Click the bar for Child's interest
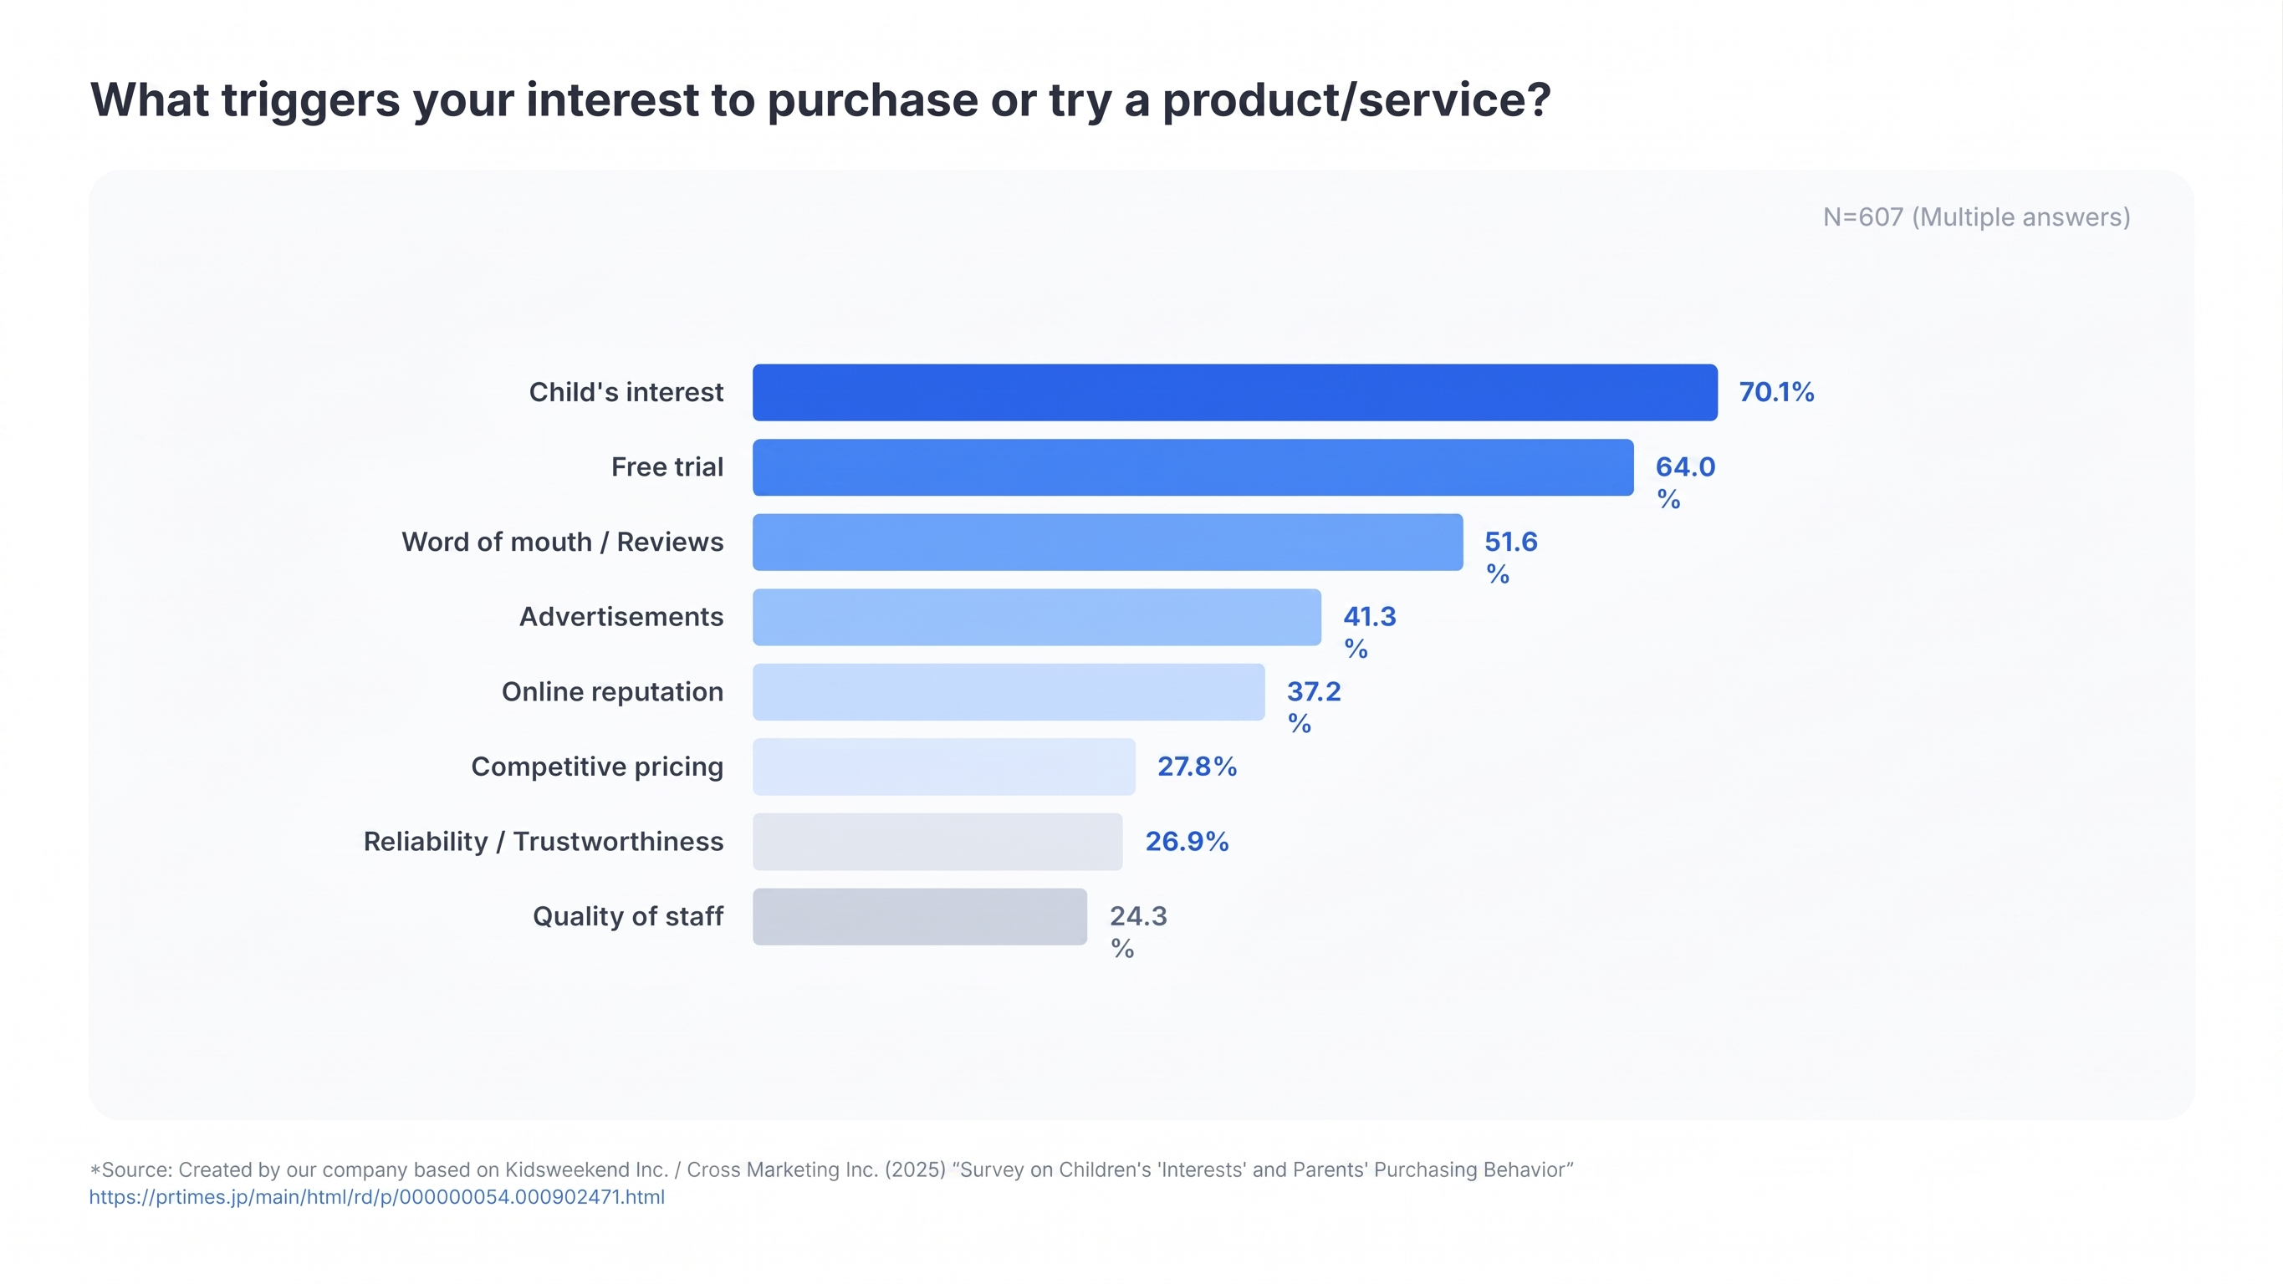click(1234, 392)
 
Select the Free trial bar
click(1193, 467)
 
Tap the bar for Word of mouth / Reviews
click(1108, 542)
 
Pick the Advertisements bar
click(1037, 617)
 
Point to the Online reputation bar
click(1009, 691)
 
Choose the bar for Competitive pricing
click(944, 767)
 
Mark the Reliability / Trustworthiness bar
click(937, 841)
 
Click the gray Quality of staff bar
click(920, 916)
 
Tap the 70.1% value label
click(1776, 392)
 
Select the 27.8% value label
click(1197, 767)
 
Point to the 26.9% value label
click(1187, 841)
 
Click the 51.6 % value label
click(1511, 557)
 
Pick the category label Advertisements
click(621, 617)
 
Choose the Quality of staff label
click(627, 916)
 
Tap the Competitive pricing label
click(596, 767)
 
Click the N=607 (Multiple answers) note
click(1976, 217)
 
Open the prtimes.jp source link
click(376, 1197)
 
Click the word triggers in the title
click(310, 100)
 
